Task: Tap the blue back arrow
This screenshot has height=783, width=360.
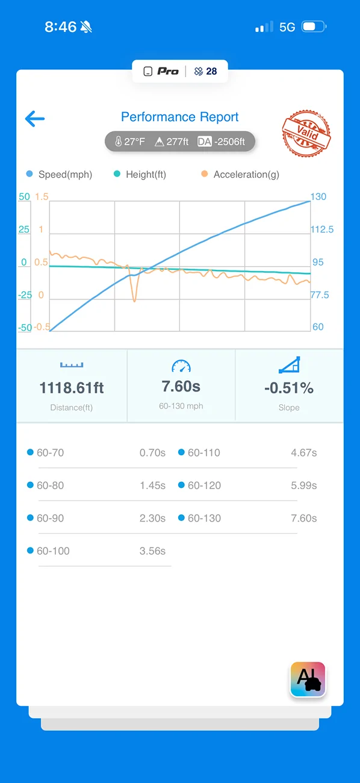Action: tap(35, 119)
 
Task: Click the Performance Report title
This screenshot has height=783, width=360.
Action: tap(179, 117)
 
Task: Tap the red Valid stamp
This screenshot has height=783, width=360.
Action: tap(306, 133)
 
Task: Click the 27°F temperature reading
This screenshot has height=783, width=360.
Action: tap(130, 142)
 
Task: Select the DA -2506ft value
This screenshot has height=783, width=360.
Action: tap(222, 142)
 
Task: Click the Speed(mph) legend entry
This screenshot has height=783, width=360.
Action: tap(60, 174)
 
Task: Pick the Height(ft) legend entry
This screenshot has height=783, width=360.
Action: tap(140, 174)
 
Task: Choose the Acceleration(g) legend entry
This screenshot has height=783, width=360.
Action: tap(240, 174)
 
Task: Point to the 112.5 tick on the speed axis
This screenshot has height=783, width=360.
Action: tap(322, 229)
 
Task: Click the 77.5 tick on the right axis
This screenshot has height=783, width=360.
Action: tap(320, 295)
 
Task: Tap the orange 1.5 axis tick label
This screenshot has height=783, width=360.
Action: tap(42, 197)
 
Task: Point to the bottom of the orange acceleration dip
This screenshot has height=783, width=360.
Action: tap(135, 301)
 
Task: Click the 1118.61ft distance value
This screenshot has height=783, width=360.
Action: tap(72, 388)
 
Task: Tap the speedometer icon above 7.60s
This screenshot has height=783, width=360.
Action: tap(181, 366)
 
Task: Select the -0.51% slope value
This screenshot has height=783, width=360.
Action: tap(289, 388)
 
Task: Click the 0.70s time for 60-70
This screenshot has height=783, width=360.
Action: tap(152, 453)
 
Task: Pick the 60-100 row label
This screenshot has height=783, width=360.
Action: tap(53, 551)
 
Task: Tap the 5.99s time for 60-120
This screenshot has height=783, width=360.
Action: tap(304, 485)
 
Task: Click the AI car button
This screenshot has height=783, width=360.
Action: tap(308, 679)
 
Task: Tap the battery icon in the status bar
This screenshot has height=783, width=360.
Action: tap(314, 27)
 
